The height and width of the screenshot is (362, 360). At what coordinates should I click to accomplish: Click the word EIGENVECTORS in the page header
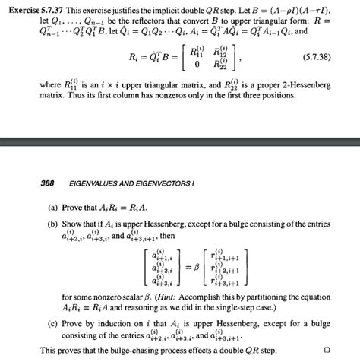[166, 183]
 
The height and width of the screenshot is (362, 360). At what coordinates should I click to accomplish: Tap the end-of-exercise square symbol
[327, 350]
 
